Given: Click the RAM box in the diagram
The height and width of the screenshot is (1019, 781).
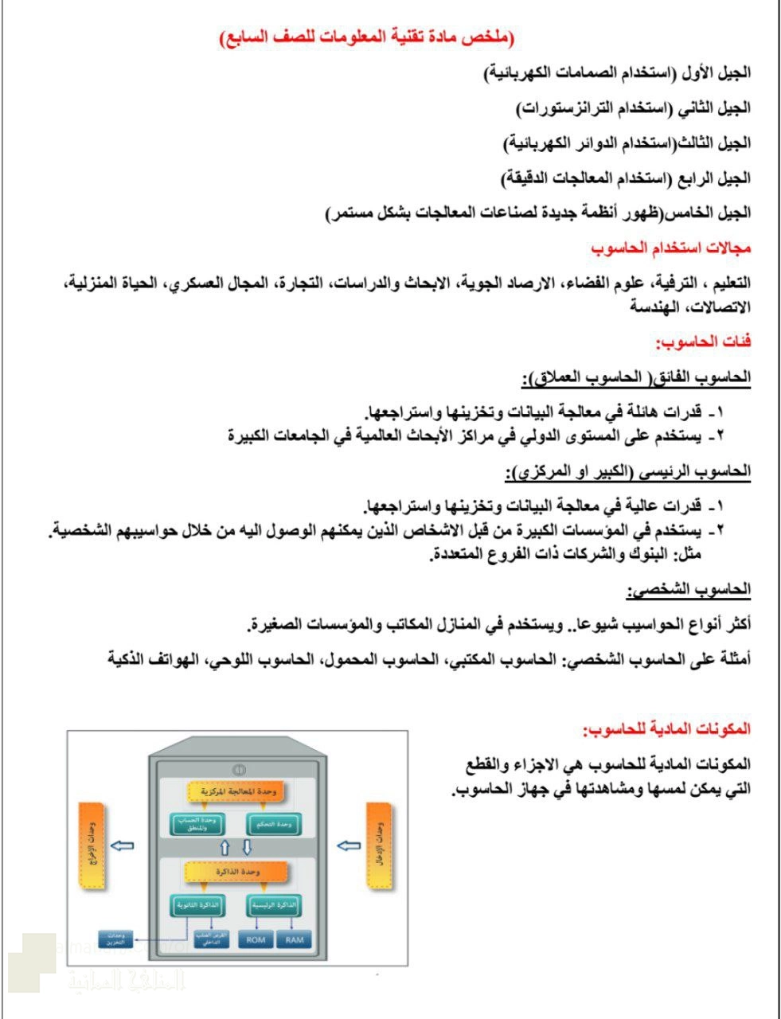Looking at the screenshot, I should click(x=294, y=940).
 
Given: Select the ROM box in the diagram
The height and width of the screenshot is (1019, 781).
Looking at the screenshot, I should click(x=256, y=940).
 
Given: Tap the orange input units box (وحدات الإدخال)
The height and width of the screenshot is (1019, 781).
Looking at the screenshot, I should click(x=381, y=845).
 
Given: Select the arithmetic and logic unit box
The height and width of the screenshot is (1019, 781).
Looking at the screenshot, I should click(x=197, y=825).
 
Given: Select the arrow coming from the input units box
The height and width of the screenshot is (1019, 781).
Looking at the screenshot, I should click(x=349, y=845).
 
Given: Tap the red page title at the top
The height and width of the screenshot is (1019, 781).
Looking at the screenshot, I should click(x=367, y=37).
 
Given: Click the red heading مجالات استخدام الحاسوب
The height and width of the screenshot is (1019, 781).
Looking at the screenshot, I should click(x=670, y=248).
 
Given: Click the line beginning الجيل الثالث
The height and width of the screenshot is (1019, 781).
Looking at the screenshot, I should click(x=627, y=143).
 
